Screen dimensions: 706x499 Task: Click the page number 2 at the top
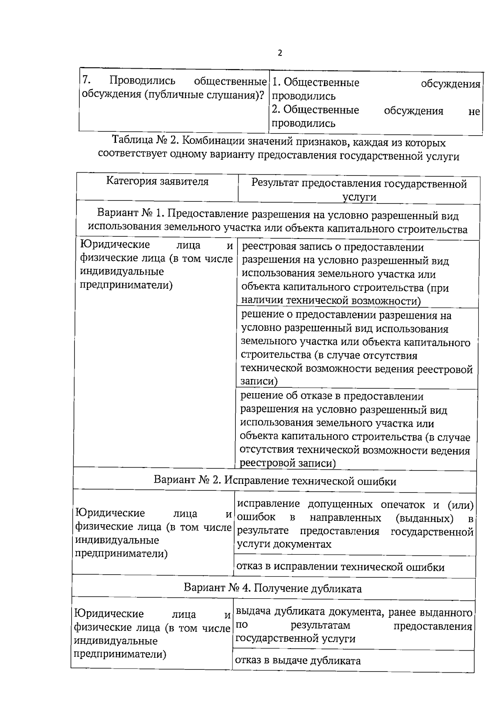(x=279, y=53)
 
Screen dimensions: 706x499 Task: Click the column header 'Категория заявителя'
(x=157, y=181)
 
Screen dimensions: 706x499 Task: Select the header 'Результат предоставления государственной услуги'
(x=359, y=190)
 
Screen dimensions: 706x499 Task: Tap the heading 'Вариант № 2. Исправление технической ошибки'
(x=275, y=481)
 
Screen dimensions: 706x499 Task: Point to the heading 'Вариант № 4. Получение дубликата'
(x=273, y=589)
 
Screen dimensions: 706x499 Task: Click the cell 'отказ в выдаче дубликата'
(x=298, y=661)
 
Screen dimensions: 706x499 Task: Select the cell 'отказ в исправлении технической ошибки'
(x=340, y=567)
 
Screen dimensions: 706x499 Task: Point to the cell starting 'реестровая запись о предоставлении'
(x=345, y=274)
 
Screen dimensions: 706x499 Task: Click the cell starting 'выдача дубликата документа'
(x=354, y=625)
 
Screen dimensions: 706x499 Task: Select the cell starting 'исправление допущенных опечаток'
(x=355, y=524)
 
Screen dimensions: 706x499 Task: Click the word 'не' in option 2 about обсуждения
(x=474, y=111)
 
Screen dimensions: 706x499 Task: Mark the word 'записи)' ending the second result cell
(x=259, y=381)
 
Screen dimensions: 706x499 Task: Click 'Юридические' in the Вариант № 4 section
(x=109, y=614)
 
